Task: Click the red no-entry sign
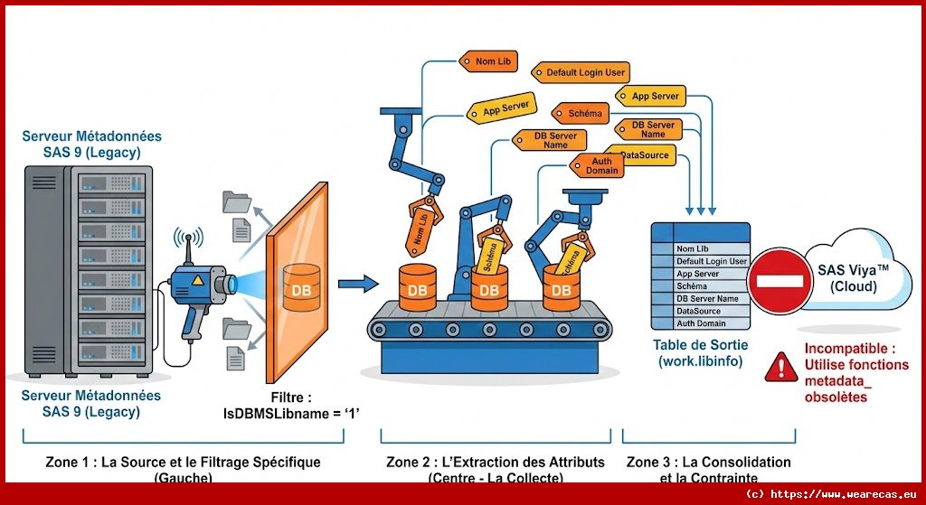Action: click(x=780, y=281)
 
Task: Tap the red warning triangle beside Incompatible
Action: click(x=778, y=366)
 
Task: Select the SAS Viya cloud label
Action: click(x=853, y=277)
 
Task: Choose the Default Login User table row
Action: click(x=712, y=261)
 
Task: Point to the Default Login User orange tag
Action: click(x=584, y=72)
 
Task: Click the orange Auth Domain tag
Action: click(x=601, y=165)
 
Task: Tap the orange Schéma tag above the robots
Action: click(x=584, y=115)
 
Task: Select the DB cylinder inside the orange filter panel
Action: click(x=301, y=285)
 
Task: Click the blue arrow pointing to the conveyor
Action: click(x=357, y=285)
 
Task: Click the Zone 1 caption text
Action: click(x=183, y=462)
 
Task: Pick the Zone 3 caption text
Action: click(x=708, y=462)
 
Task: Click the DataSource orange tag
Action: click(x=644, y=155)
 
